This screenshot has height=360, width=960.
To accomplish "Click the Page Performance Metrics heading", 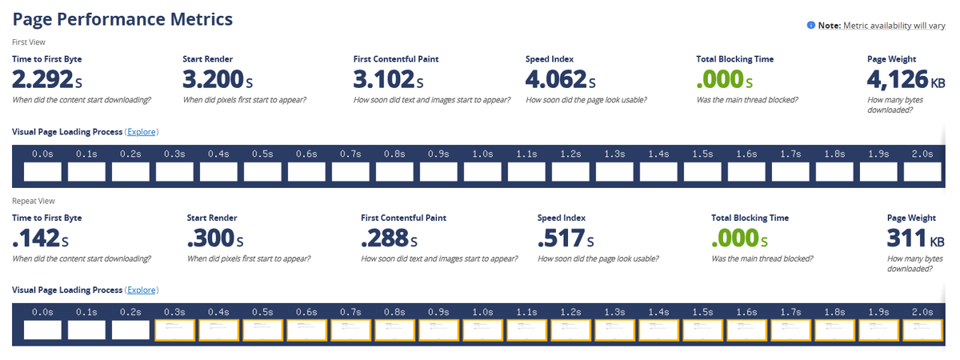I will pos(122,19).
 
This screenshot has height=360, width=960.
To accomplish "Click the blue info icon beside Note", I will pos(811,26).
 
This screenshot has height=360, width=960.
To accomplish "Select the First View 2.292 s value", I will pos(47,79).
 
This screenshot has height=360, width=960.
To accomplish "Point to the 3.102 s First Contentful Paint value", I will pos(389,79).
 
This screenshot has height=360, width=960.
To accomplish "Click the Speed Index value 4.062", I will pos(561,79).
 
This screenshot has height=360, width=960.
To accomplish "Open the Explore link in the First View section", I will pos(142,132).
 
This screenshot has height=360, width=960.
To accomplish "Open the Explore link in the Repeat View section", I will pos(142,290).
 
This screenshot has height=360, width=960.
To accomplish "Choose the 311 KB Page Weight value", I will pos(917,238).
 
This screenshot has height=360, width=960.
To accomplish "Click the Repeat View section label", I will pos(34,202).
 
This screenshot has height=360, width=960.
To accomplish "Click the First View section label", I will pos(30,42).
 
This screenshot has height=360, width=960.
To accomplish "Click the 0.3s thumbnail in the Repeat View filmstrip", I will pos(174,330).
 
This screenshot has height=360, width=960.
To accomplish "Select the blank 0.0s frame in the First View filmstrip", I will pos(42,171).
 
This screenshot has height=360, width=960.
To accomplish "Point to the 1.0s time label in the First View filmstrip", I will pos(482,154).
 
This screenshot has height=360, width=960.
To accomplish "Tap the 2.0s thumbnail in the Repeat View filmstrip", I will pos(922,330).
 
